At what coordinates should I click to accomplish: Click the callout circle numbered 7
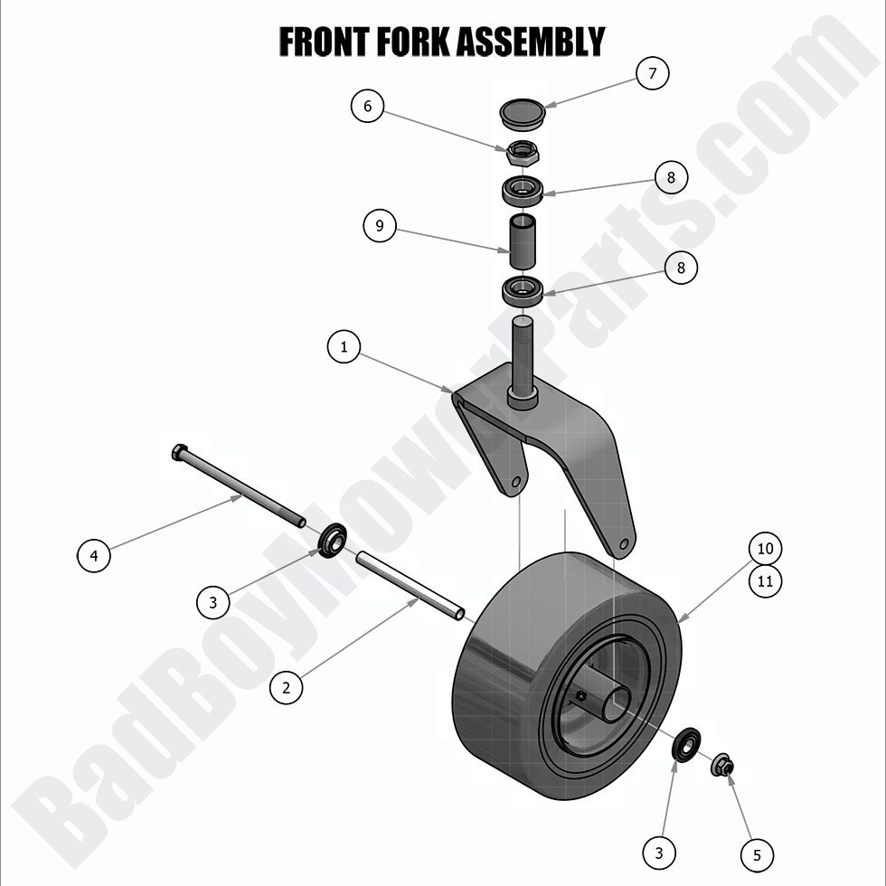tap(651, 72)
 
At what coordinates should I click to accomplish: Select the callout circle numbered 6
tap(367, 107)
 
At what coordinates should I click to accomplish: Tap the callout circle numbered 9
tap(380, 224)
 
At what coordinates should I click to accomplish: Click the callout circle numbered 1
tap(344, 345)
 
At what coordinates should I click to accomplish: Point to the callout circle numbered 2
tap(287, 687)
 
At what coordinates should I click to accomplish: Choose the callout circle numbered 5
tap(757, 853)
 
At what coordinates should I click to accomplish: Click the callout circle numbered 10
tap(765, 548)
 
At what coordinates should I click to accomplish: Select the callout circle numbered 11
tap(765, 580)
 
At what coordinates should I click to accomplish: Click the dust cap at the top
tap(523, 115)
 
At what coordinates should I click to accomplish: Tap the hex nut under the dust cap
tap(522, 153)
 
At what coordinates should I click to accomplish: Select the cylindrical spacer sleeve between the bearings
tap(522, 240)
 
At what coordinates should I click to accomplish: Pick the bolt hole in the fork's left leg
tap(515, 483)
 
